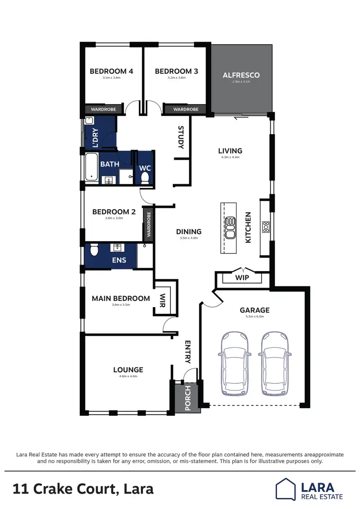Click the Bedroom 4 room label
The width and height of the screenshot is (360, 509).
(111, 71)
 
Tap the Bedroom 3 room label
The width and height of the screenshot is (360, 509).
(176, 71)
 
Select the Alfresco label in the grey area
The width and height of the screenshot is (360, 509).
(241, 75)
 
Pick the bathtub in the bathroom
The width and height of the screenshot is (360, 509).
(91, 167)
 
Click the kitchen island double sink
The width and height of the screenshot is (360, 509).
(230, 228)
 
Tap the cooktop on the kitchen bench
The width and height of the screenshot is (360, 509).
(265, 226)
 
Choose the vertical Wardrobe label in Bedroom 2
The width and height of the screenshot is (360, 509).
(149, 225)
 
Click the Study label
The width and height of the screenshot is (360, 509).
(181, 137)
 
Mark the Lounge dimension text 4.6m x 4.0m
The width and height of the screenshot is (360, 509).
(128, 377)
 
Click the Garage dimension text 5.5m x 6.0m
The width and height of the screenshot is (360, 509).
(255, 317)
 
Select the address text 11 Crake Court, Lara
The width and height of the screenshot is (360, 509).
(84, 489)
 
